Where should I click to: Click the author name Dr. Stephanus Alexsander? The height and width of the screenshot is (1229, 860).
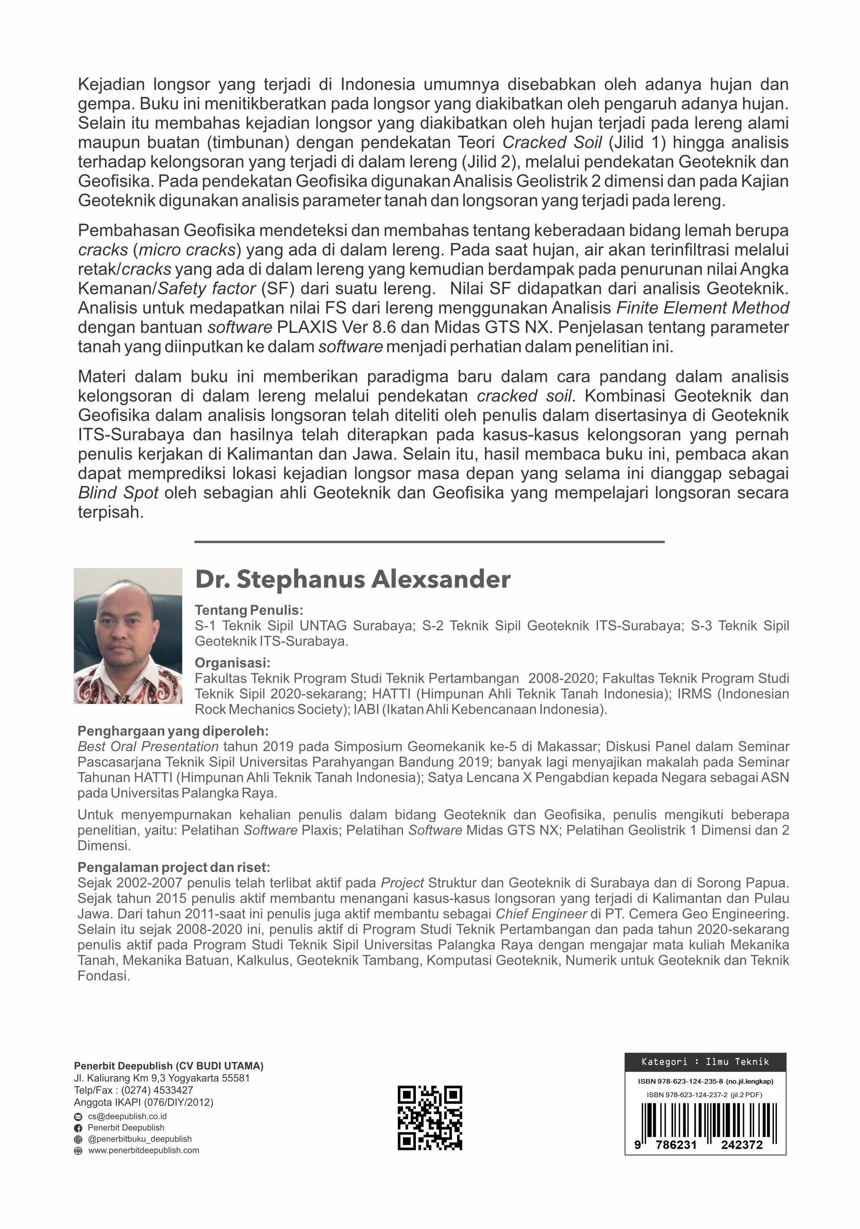pos(352,580)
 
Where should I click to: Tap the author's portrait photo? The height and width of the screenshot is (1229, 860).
pos(128,635)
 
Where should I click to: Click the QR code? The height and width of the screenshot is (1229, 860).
pos(429,1117)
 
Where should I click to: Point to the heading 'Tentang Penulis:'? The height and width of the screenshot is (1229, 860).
pos(249,610)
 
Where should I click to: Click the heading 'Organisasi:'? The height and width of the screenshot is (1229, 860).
pos(232,663)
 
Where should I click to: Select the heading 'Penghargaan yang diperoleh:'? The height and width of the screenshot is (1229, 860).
pos(173,731)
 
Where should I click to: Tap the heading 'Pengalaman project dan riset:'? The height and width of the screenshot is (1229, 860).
pos(174,867)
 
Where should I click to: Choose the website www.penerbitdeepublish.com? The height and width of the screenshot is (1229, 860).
pos(143,1150)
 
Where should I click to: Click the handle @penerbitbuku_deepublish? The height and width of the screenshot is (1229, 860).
pos(140,1139)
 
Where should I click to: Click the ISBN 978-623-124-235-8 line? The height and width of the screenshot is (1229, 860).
pos(705,1081)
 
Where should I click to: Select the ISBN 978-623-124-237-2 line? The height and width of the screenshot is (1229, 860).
pos(704,1095)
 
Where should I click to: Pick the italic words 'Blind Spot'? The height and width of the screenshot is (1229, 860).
pos(118,493)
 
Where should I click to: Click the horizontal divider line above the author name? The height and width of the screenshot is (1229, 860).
pos(429,542)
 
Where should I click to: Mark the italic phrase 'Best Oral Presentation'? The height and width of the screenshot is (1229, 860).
pos(148,746)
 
